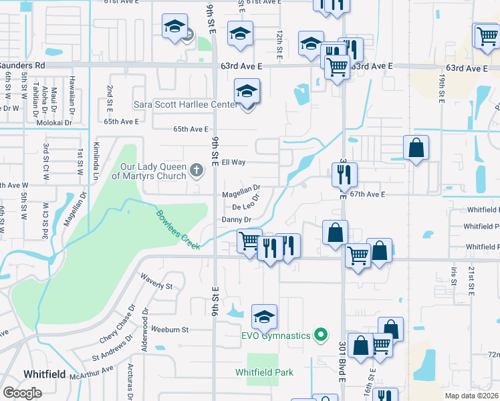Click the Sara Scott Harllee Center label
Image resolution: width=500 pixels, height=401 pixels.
(185, 104)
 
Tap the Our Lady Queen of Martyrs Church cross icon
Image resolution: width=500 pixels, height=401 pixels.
(197, 170)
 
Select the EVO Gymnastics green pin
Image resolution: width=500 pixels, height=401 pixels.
(321, 335)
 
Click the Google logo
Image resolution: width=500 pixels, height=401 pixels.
(22, 393)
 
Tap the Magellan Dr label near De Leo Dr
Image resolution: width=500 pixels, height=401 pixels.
(241, 195)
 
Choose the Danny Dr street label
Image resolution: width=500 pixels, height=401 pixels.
(237, 219)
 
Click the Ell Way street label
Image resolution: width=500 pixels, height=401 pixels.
(234, 162)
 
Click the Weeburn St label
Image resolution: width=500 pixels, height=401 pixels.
(170, 329)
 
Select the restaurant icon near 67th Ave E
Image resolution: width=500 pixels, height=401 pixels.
(344, 174)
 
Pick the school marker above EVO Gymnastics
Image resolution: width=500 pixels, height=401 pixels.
(264, 315)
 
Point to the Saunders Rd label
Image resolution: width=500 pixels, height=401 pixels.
(22, 65)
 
